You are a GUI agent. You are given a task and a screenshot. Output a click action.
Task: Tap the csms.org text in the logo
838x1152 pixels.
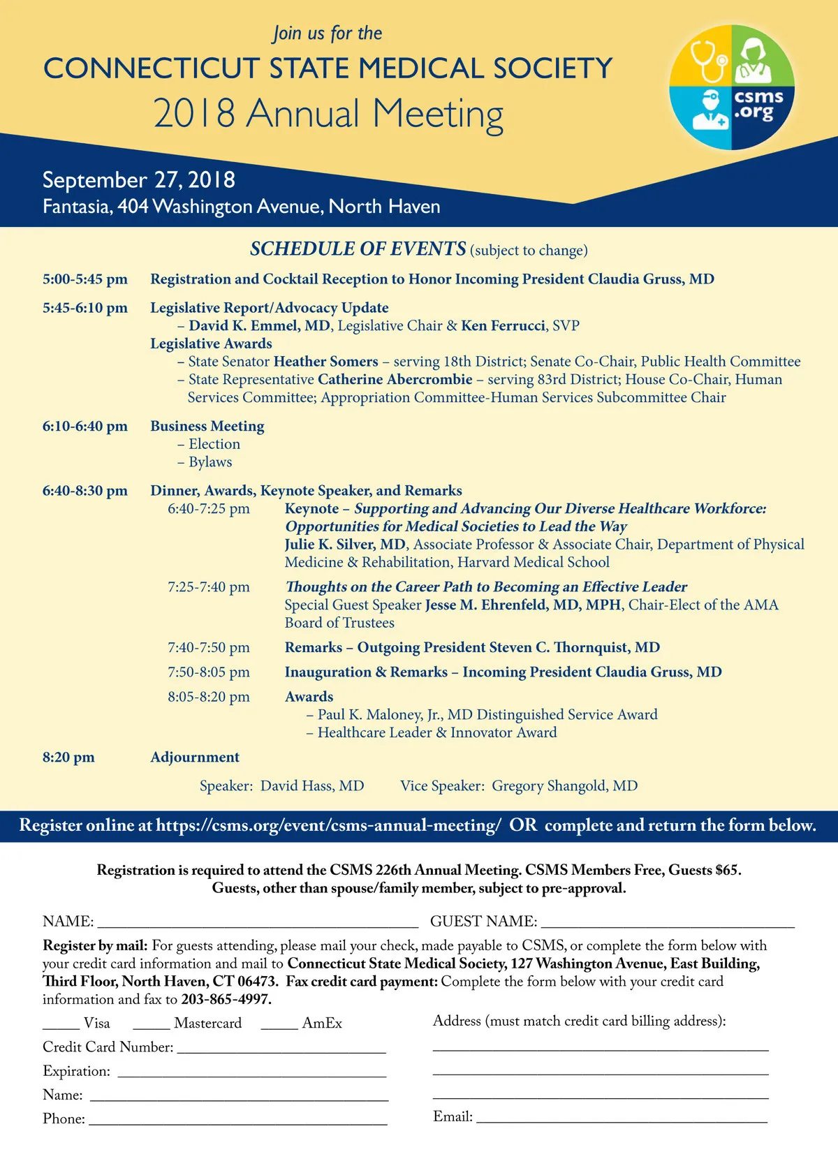758,104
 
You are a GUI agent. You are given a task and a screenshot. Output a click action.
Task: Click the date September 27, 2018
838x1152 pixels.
139,180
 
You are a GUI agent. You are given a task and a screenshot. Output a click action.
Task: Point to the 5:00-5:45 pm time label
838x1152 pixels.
85,279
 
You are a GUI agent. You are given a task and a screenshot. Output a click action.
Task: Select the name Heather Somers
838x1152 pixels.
326,362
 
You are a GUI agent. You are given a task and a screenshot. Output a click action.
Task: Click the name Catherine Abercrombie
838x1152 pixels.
395,380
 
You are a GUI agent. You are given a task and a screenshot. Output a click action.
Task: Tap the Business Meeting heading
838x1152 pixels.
207,426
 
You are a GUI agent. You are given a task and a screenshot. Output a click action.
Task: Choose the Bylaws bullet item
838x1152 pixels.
210,462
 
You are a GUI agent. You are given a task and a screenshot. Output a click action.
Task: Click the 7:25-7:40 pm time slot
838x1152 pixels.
209,587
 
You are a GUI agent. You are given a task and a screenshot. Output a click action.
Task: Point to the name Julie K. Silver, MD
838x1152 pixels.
345,545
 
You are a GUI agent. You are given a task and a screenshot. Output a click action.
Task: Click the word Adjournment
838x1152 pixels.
195,758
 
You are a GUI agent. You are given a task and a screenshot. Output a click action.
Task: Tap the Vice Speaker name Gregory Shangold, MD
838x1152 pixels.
564,786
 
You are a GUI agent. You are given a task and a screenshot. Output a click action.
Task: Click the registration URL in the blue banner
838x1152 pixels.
328,826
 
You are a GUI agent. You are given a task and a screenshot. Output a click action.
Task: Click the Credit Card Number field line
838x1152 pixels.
281,1049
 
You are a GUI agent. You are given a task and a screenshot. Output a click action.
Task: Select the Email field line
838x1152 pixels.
622,1118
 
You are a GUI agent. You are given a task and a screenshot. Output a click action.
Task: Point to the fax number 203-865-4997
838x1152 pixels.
225,999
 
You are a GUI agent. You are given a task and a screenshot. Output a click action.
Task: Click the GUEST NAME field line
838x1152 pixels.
668,923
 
